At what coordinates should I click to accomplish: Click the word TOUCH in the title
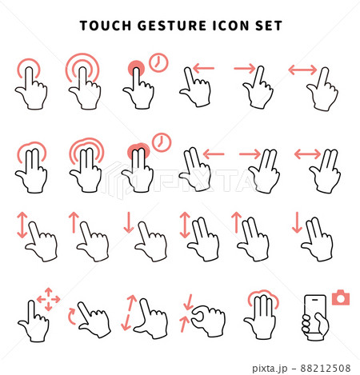click(106, 26)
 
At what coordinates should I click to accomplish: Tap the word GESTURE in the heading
click(172, 26)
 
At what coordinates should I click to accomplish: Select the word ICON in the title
click(231, 26)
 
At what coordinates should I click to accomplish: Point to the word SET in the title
click(269, 26)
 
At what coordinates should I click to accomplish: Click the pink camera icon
click(341, 297)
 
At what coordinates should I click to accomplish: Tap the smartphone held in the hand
click(315, 314)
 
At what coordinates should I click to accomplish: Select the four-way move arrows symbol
click(48, 299)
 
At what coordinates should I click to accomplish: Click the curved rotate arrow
click(71, 316)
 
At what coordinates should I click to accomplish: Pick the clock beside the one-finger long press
click(158, 62)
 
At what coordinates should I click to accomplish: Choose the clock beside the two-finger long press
click(162, 142)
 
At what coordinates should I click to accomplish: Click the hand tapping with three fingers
click(262, 314)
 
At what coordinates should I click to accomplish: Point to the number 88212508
click(326, 368)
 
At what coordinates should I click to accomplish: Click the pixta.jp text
click(270, 369)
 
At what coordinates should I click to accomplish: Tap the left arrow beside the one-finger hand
click(203, 68)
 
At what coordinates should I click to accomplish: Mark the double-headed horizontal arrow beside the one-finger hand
click(302, 70)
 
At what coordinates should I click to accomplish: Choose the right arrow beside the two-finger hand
click(250, 154)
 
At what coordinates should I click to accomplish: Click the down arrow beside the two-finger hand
click(297, 222)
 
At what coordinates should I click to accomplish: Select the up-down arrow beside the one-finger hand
click(22, 225)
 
